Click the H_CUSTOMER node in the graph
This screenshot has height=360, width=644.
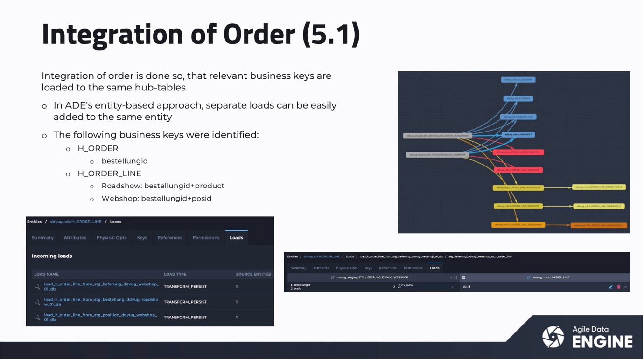(x=518, y=80)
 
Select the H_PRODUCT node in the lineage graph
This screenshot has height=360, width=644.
(x=518, y=135)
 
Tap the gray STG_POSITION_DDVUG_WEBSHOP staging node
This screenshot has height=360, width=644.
(x=437, y=155)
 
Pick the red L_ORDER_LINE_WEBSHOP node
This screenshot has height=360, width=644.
(x=518, y=170)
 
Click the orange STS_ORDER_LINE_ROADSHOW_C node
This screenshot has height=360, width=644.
(x=599, y=225)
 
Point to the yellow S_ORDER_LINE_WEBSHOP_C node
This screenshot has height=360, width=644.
(x=599, y=206)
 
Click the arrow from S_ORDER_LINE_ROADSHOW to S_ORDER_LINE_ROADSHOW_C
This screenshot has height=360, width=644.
(x=558, y=188)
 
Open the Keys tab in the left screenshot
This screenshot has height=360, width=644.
(x=142, y=238)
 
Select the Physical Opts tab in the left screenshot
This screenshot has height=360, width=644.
(x=111, y=238)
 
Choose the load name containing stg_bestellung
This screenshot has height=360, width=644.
(x=101, y=302)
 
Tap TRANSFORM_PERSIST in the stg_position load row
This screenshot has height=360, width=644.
(x=185, y=318)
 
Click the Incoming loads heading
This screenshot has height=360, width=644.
(x=52, y=256)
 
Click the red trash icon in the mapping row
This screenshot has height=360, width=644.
(x=619, y=287)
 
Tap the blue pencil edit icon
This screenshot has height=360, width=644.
(x=611, y=287)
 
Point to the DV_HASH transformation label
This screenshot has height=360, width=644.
(x=407, y=285)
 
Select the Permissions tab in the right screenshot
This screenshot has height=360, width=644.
(x=413, y=268)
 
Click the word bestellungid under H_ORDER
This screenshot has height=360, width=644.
(x=125, y=161)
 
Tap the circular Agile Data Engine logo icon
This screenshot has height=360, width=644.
(x=553, y=337)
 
